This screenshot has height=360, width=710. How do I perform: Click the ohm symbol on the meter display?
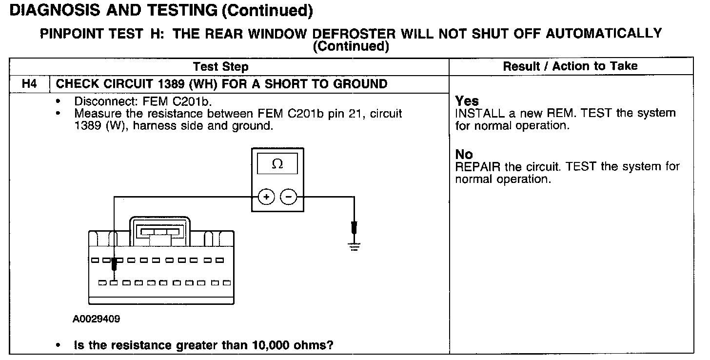pos(277,164)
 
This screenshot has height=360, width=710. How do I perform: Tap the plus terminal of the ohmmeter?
pos(266,197)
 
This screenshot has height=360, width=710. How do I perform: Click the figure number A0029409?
pos(97,320)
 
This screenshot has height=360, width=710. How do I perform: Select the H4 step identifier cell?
pos(30,84)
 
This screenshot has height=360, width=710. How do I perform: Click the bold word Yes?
pos(467,101)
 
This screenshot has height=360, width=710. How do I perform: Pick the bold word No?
pos(464,155)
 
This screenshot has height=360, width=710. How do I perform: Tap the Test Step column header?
pos(220,67)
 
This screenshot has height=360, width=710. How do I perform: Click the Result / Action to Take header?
pos(570,66)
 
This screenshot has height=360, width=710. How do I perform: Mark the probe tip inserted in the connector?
pos(114,265)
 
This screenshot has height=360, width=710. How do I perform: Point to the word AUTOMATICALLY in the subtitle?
pos(604,34)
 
